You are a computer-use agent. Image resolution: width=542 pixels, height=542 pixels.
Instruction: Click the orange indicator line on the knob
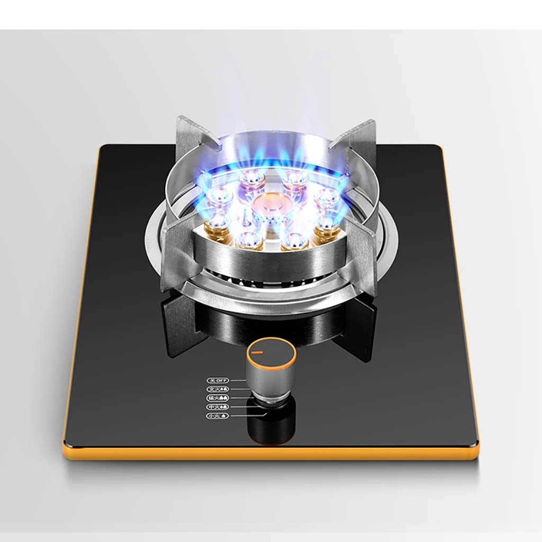258,351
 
